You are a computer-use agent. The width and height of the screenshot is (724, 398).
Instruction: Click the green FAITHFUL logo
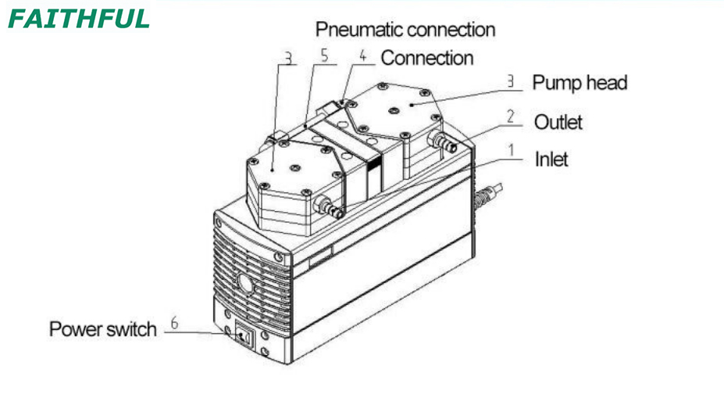click(79, 19)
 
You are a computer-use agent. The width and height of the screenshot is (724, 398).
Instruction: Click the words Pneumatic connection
click(405, 30)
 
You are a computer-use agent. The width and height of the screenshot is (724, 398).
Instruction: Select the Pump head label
click(580, 83)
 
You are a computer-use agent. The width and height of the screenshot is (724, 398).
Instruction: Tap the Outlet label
click(558, 122)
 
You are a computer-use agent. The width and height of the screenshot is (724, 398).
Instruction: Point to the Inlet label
click(551, 159)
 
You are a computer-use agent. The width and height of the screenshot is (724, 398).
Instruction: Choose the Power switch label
click(103, 329)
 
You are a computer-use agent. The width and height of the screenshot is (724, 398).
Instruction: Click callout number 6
click(174, 323)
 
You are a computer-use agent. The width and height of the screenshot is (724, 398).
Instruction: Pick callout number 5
click(325, 56)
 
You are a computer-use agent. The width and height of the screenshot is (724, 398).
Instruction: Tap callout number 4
click(363, 56)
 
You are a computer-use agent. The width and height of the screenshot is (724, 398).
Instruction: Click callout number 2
click(510, 116)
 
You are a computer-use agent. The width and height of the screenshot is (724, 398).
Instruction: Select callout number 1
click(511, 150)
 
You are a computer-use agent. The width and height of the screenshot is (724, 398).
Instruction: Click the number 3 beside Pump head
click(510, 81)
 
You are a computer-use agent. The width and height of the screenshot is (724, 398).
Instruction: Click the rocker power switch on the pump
click(244, 336)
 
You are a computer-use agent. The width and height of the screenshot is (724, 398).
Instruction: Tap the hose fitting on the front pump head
click(330, 206)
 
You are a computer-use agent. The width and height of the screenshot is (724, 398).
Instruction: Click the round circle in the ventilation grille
click(246, 284)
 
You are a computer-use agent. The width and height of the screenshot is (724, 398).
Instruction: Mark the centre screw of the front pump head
click(294, 168)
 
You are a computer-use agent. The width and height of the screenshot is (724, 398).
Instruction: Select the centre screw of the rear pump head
click(394, 110)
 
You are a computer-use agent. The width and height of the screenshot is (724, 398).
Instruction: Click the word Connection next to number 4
click(427, 58)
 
